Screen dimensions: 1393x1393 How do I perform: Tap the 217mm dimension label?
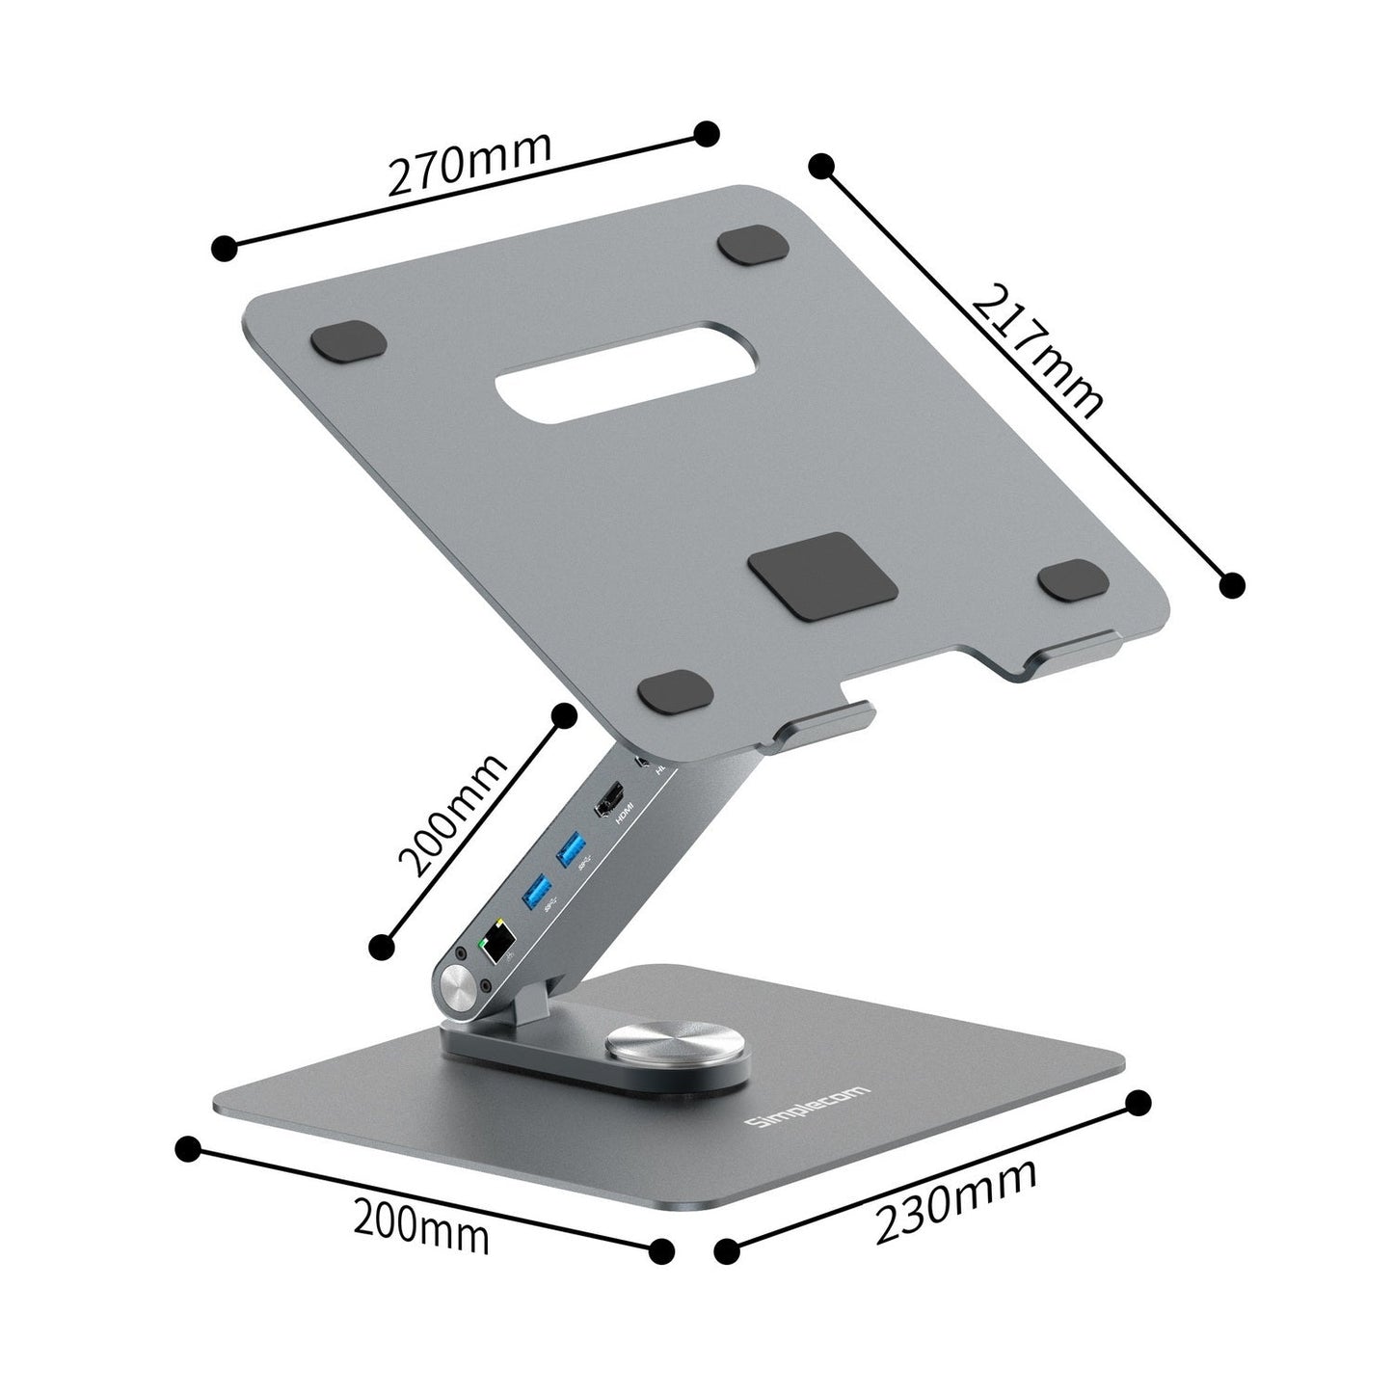click(1036, 353)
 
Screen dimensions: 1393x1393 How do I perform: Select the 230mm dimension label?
click(955, 1198)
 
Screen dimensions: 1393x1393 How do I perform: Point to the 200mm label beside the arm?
click(454, 814)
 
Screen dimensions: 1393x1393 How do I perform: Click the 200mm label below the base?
click(420, 1224)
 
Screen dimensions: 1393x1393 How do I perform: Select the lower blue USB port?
click(535, 893)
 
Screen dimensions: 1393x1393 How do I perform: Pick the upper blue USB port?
click(572, 849)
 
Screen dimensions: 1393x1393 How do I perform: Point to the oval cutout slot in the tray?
click(597, 371)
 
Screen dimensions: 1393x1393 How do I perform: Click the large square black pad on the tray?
click(826, 577)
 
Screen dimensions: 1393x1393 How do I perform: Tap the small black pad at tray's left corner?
click(349, 342)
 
